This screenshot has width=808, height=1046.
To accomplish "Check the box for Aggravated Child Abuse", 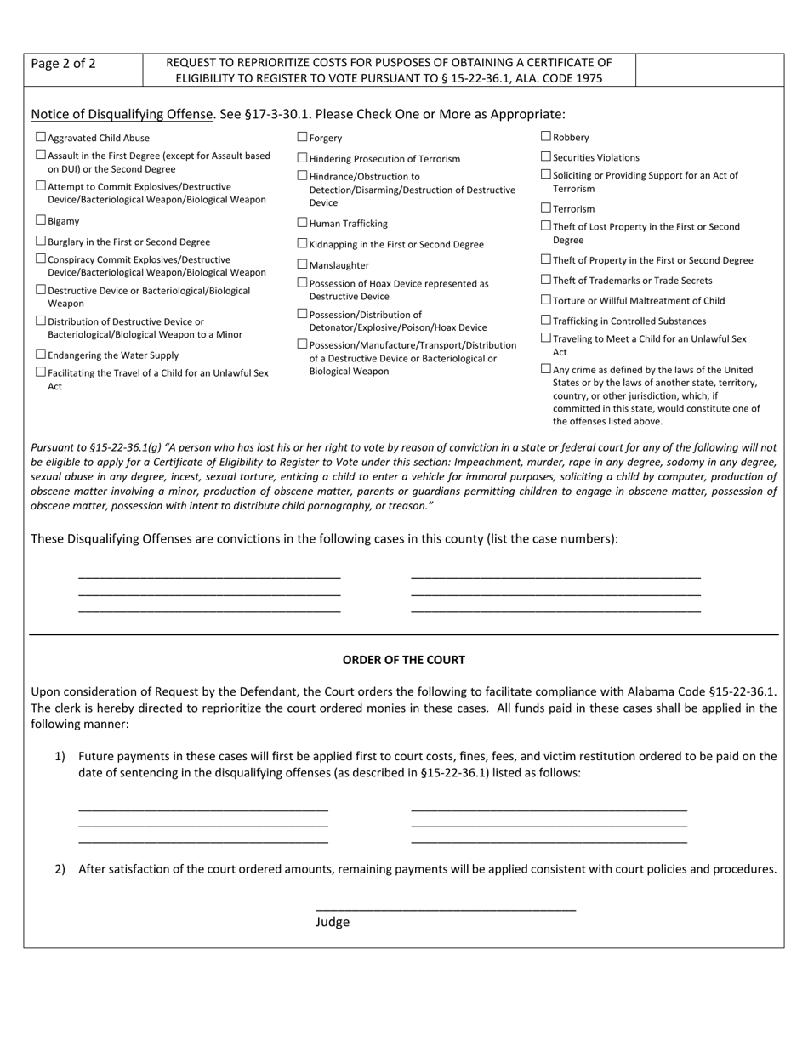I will click(x=41, y=137).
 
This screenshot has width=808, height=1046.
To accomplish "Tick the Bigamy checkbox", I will click(x=41, y=220).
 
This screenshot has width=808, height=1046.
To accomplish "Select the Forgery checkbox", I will click(x=302, y=137).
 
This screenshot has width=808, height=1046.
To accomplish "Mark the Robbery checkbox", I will click(x=546, y=136).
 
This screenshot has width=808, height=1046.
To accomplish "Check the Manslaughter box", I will click(x=302, y=264).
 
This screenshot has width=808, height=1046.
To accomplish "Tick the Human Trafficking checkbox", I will click(x=302, y=223).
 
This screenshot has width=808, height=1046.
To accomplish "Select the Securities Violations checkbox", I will click(x=546, y=156).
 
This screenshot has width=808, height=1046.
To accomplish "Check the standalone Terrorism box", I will click(x=546, y=207).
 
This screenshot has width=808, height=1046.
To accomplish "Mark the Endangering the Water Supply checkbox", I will click(x=41, y=355).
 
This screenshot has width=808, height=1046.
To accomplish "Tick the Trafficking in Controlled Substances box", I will click(x=546, y=321).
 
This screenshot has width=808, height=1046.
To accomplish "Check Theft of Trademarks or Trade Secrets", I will click(x=546, y=280).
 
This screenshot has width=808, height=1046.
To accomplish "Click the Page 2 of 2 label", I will click(x=63, y=64).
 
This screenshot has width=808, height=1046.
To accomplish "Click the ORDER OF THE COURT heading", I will click(x=403, y=660).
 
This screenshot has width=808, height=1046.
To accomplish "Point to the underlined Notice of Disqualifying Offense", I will click(x=122, y=114).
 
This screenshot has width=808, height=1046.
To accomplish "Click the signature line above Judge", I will click(x=445, y=909).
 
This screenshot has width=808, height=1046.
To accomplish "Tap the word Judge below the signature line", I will click(x=333, y=922).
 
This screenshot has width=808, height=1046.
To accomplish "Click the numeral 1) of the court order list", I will click(x=60, y=756).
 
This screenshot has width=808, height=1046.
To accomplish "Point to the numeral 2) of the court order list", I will click(x=60, y=869).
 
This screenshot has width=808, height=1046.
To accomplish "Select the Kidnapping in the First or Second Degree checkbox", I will click(x=302, y=243).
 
